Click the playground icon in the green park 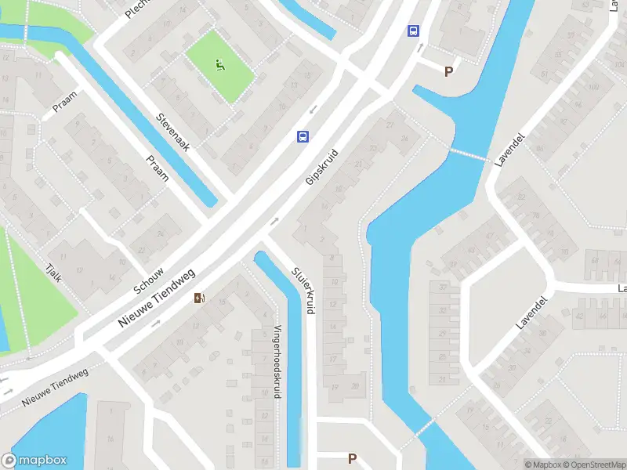tap(221, 65)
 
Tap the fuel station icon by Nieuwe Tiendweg tap(201, 298)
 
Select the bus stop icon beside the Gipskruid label tap(303, 136)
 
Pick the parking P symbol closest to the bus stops tap(449, 71)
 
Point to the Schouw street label tap(148, 280)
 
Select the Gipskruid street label tap(321, 167)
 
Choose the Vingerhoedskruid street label tap(277, 361)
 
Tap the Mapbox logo tap(34, 461)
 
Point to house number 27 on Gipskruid tap(390, 125)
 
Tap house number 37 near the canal tap(444, 287)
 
